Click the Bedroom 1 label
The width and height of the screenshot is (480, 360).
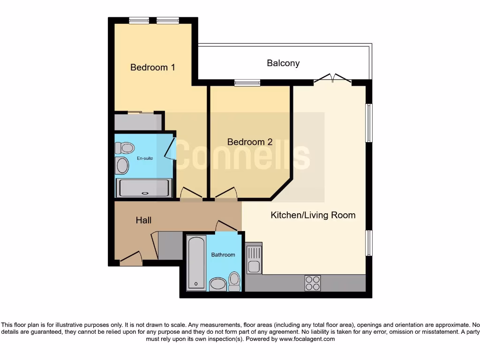point(153,67)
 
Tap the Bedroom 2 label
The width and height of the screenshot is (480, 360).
point(250,142)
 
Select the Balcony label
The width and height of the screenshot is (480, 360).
point(283,63)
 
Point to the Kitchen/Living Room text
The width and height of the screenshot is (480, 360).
point(313,215)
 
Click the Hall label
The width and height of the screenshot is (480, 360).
point(143,220)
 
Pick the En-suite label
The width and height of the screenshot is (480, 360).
point(145,158)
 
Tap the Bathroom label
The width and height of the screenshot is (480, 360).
point(223,255)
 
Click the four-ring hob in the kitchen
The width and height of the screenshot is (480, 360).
point(313,283)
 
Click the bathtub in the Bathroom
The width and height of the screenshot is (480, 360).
point(196,262)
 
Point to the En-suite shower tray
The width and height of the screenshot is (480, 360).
point(143,188)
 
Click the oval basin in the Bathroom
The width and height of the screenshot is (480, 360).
point(217,284)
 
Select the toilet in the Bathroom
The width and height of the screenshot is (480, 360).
point(234,281)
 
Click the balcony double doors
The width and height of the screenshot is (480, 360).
point(332,79)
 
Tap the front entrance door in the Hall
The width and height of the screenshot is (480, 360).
point(131,259)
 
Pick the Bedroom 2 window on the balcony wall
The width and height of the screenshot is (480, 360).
point(247,83)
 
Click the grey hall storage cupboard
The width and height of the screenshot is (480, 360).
point(170,245)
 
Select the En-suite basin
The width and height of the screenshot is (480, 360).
point(122,166)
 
